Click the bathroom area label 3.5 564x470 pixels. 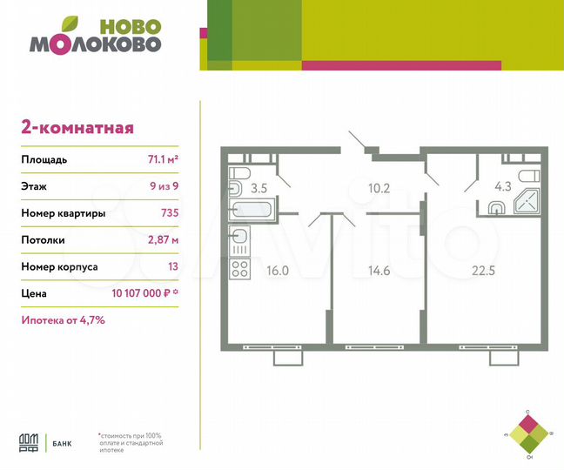[258, 185]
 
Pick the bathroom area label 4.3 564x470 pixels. [503, 185]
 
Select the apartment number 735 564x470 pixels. [171, 213]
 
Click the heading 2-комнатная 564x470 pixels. [77, 128]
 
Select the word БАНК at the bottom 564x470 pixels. [62, 443]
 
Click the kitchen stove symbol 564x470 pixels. [241, 265]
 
